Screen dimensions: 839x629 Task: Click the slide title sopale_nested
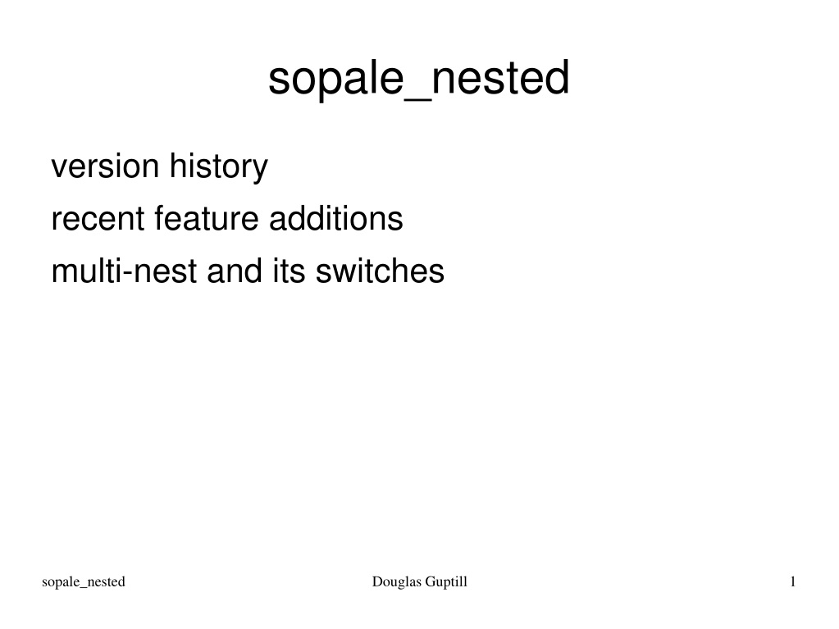point(418,79)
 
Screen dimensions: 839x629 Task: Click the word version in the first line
point(105,166)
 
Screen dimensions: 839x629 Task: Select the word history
point(219,167)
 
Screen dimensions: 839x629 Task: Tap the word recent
point(98,219)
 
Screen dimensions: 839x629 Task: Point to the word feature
point(207,218)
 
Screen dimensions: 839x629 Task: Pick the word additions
point(336,218)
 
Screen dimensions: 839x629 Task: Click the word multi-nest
point(124,271)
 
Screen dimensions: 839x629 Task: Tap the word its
point(289,271)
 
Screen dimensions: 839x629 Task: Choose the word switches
point(380,271)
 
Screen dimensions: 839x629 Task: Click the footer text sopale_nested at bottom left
point(84,582)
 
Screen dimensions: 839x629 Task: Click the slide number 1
point(793,581)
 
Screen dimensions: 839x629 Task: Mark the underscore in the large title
point(417,100)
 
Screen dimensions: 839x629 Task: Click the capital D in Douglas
point(377,581)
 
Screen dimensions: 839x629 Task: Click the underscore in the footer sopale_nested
point(84,588)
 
